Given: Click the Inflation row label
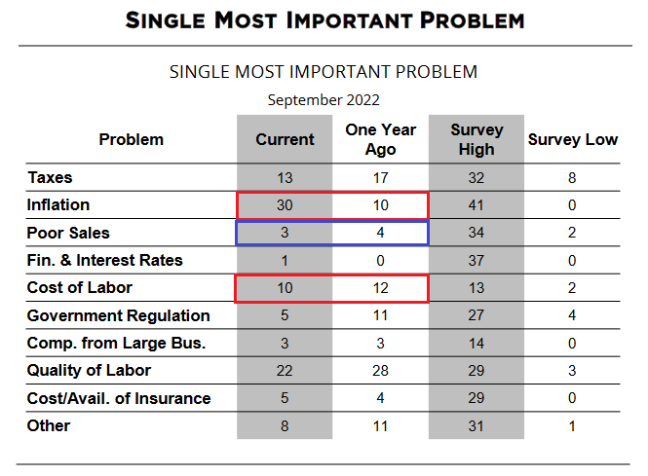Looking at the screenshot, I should click(58, 205).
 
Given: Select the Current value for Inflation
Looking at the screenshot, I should click(285, 205).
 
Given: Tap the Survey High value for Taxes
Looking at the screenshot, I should click(476, 178).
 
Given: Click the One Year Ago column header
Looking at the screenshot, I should click(380, 139).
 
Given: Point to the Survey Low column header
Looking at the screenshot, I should click(573, 139).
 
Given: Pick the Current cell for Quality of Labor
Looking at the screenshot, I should click(285, 371).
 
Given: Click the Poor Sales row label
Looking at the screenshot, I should click(69, 233).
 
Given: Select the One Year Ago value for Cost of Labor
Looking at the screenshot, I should click(380, 288).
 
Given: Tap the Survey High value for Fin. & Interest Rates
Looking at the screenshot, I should click(476, 261).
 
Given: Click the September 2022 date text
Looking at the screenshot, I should click(324, 99).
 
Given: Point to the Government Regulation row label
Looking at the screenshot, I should click(119, 315).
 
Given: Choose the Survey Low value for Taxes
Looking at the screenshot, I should click(573, 178).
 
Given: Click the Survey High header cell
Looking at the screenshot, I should click(476, 139).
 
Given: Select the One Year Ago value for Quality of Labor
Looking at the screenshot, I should click(380, 371).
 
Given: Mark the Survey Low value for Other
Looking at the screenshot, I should click(573, 425).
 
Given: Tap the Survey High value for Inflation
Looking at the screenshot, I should click(476, 205).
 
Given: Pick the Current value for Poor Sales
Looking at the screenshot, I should click(285, 233).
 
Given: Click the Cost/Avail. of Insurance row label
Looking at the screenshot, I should click(119, 398).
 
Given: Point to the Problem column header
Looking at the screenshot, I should click(132, 139).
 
